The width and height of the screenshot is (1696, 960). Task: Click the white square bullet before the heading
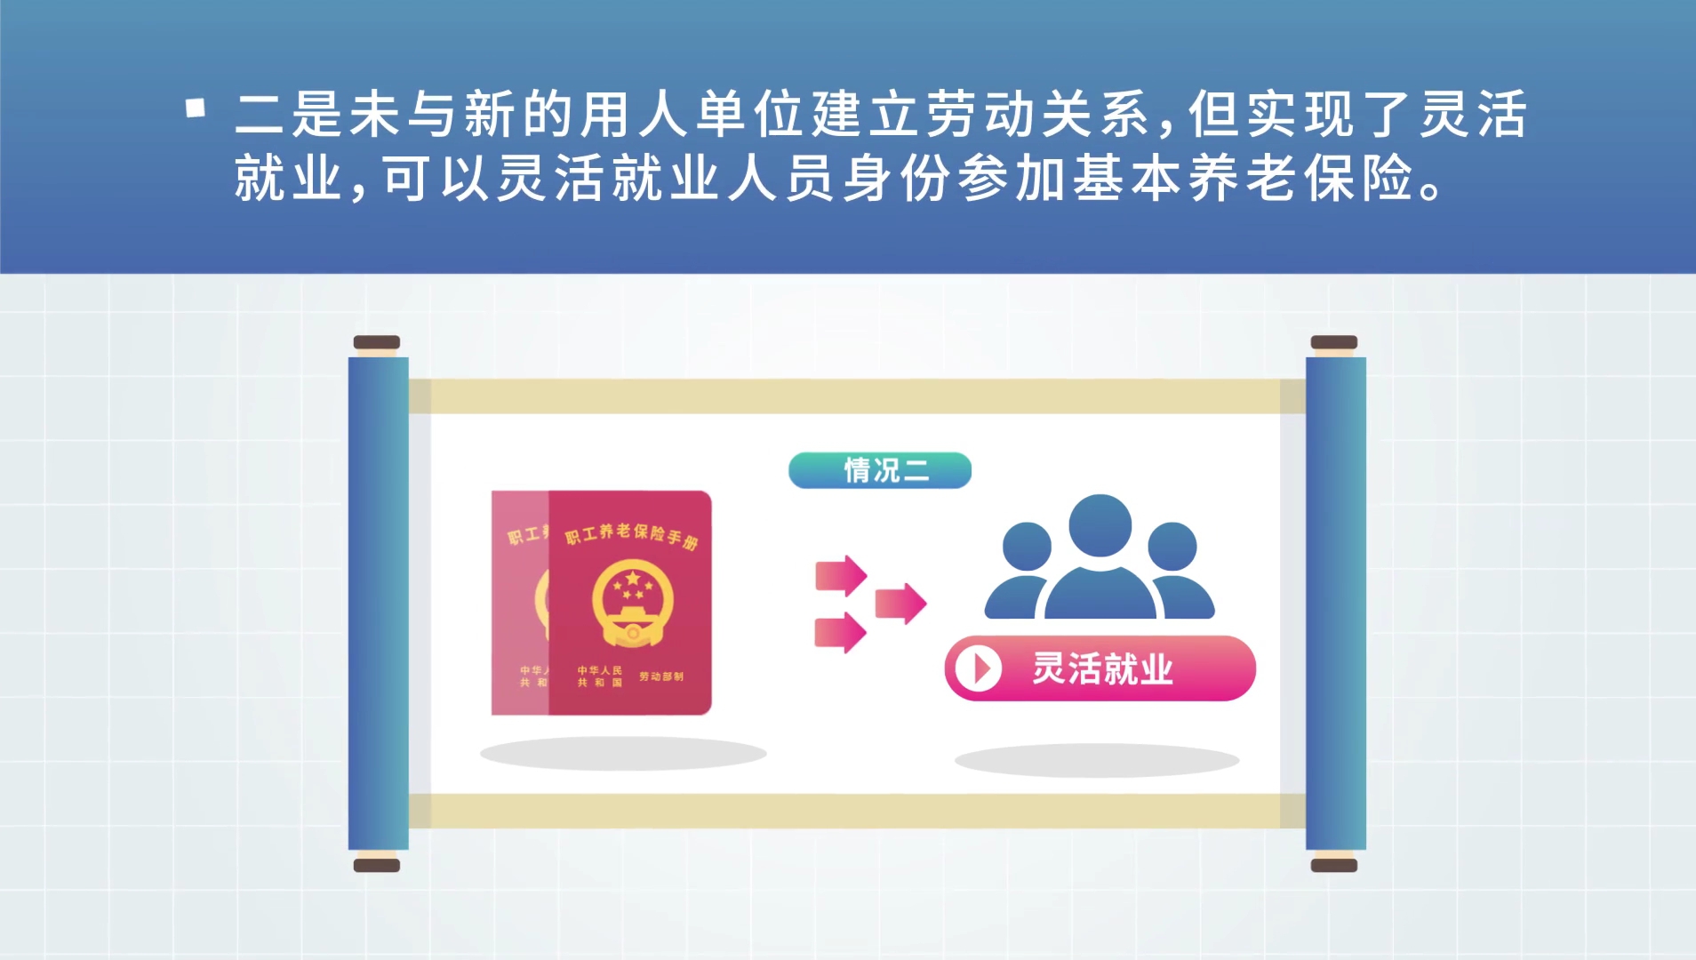[196, 108]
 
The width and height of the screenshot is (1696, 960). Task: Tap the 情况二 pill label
[880, 470]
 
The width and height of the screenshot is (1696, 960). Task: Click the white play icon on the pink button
[978, 668]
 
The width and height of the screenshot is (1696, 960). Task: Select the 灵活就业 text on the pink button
[1102, 668]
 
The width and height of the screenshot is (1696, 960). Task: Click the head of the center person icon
[1100, 525]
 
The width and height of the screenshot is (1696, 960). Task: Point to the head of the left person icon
[1027, 546]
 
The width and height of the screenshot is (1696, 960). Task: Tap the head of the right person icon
[1172, 546]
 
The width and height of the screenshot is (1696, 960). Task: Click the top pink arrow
[841, 576]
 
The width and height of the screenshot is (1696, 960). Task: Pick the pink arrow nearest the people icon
[900, 604]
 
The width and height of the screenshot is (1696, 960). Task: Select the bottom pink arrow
[841, 633]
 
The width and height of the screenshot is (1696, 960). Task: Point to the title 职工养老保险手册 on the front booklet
[632, 534]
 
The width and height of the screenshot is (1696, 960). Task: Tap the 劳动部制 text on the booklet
[661, 676]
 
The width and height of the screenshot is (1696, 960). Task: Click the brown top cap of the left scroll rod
[377, 342]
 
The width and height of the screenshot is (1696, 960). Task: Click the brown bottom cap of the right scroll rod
[1334, 865]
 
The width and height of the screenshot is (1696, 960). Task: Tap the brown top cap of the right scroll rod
[1334, 342]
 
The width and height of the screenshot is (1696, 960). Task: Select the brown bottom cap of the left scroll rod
[377, 865]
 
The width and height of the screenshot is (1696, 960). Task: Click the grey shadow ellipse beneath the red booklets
[623, 754]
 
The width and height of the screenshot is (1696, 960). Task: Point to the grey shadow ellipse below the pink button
[1097, 761]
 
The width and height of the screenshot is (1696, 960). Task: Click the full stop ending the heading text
[1431, 189]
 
